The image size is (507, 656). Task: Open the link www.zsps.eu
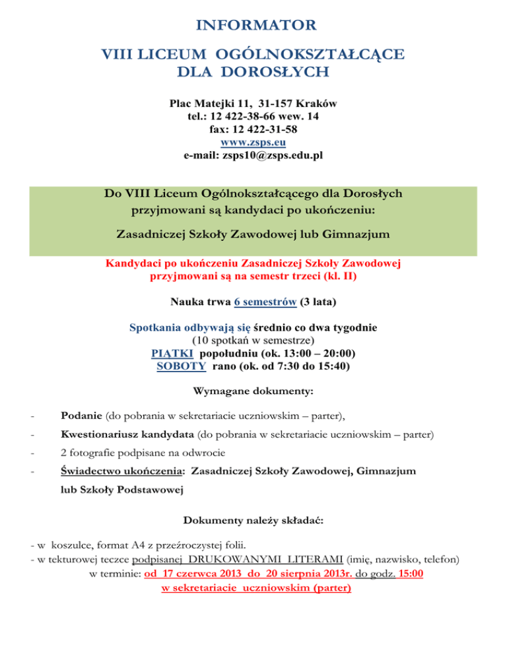tap(253, 143)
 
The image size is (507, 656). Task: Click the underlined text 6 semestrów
tap(263, 302)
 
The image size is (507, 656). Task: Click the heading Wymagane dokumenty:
tap(253, 391)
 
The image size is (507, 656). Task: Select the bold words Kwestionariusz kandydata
tap(127, 436)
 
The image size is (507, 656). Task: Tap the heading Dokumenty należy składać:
tap(253, 521)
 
